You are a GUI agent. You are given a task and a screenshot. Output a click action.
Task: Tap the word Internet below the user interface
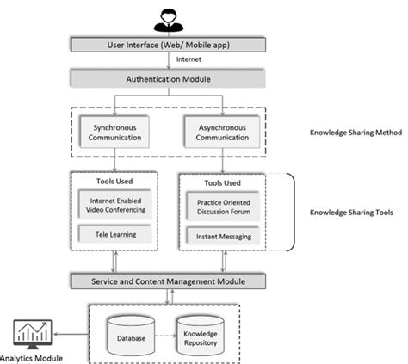click(189, 60)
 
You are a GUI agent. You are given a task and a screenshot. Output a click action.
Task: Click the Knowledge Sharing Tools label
click(348, 212)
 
